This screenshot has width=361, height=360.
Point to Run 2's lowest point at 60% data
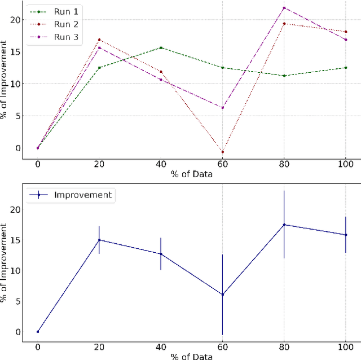pos(222,152)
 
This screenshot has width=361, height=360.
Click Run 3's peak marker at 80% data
pos(284,8)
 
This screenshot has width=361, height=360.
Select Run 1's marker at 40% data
pos(161,48)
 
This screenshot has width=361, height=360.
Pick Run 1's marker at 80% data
pos(284,76)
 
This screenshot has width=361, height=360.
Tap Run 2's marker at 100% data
pos(345,32)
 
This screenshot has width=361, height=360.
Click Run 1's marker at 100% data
pos(345,68)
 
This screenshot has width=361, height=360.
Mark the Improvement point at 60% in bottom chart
pos(222,295)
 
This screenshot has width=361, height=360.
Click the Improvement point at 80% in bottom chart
pos(284,225)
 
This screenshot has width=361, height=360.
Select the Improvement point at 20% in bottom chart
pos(99,240)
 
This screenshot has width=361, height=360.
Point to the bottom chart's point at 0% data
pos(38,332)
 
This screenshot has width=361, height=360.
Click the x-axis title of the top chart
pos(192,174)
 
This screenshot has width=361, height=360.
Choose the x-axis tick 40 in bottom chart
pos(161,346)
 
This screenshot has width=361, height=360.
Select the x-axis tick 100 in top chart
pos(345,163)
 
